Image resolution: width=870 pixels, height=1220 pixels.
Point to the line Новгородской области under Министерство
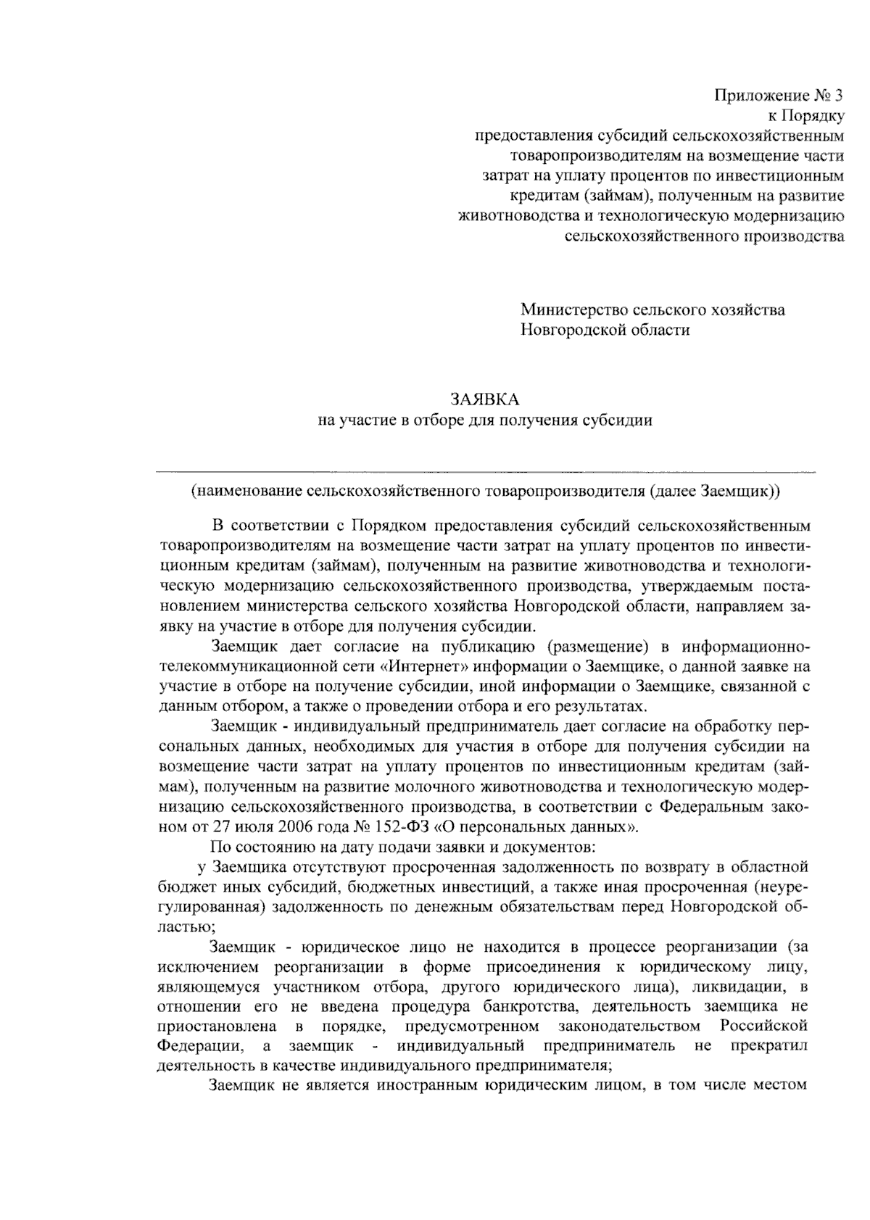(605, 331)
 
